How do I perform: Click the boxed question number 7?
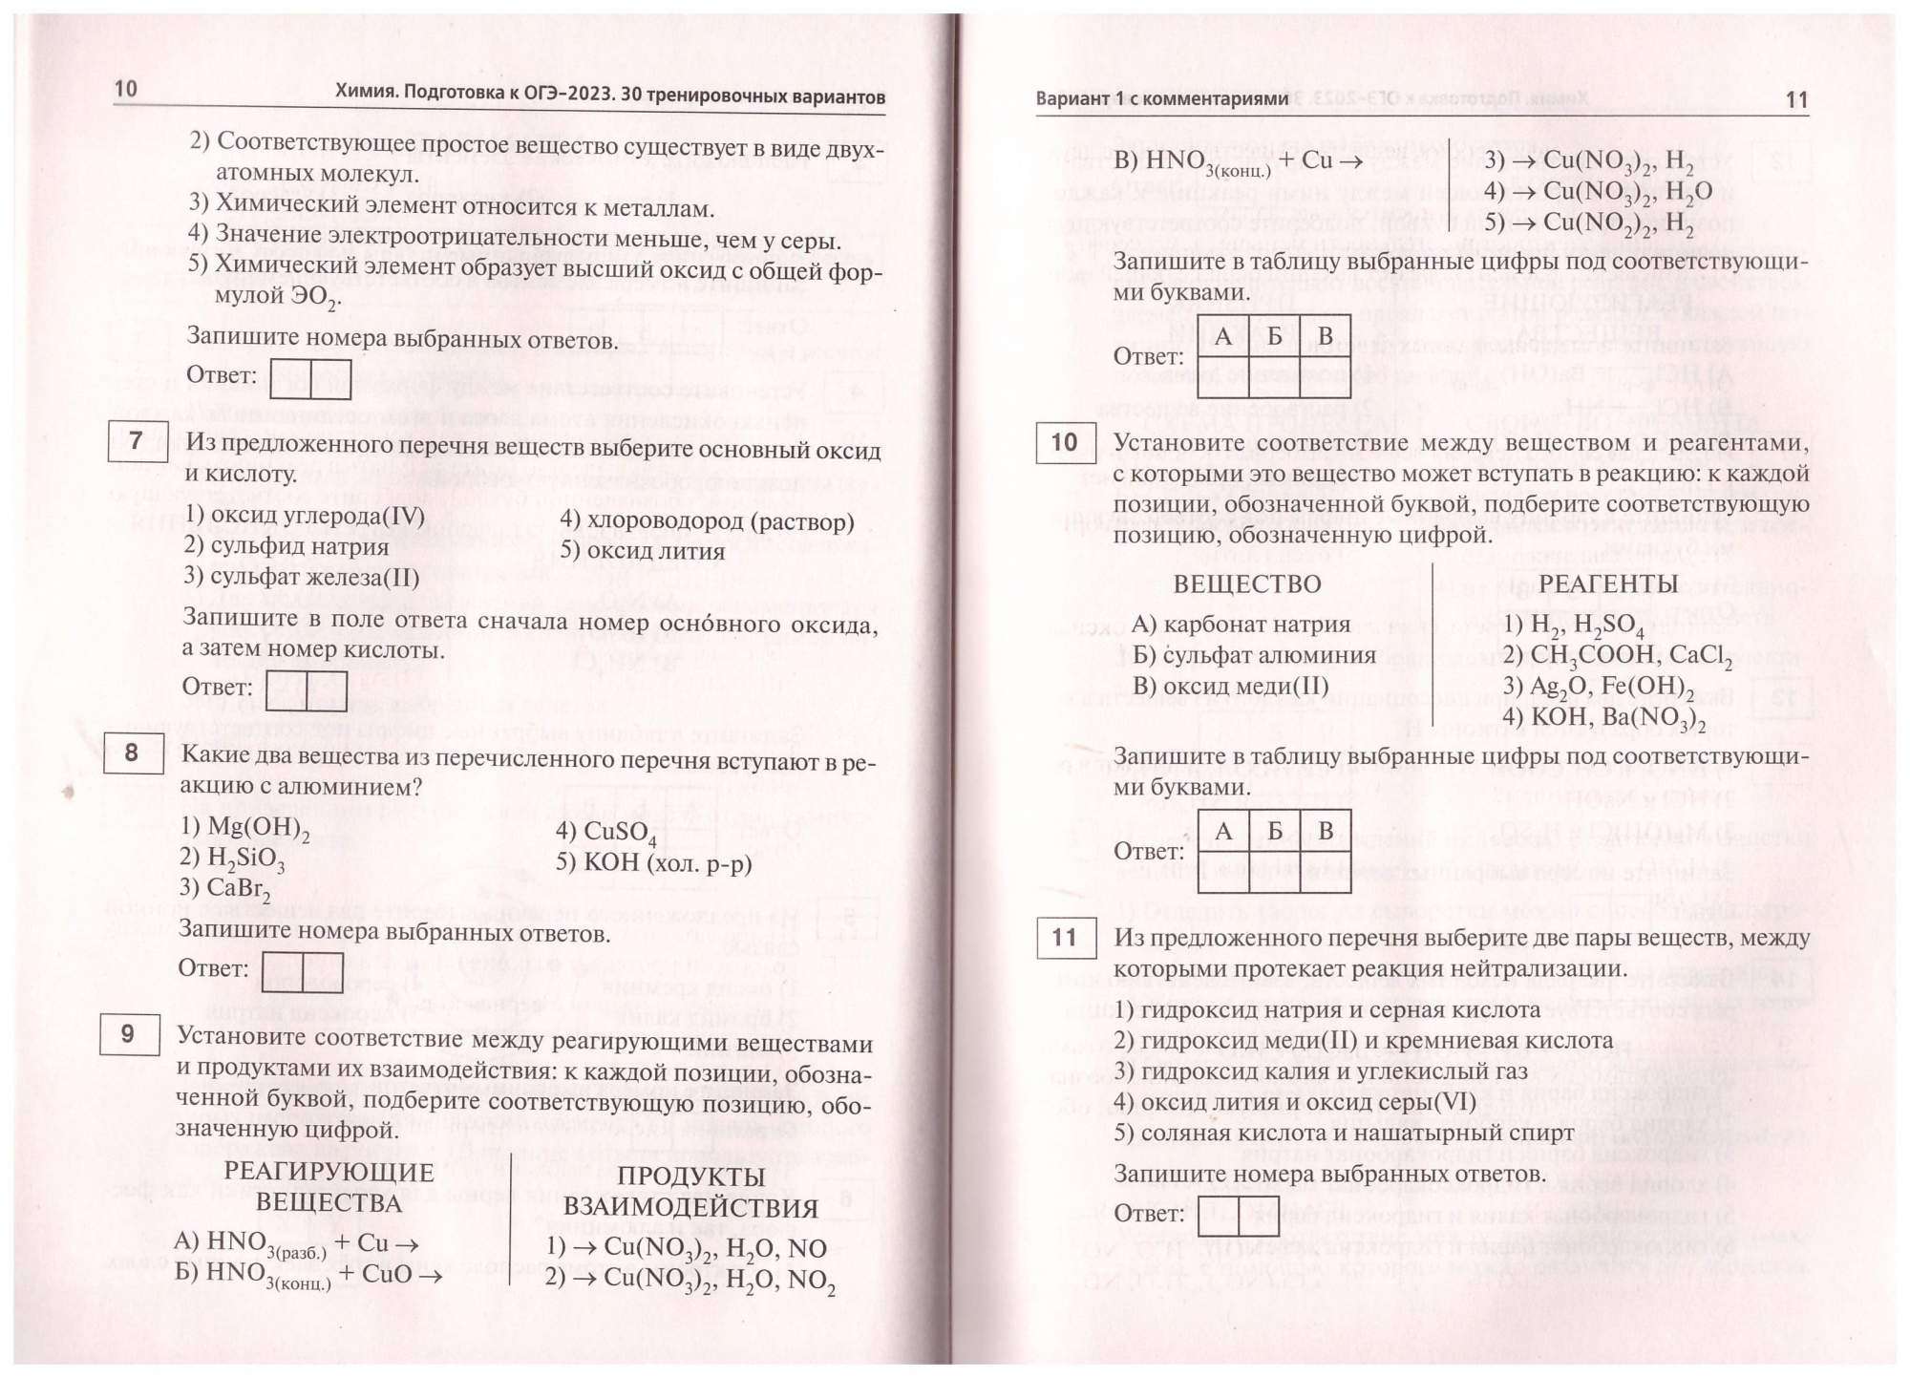(137, 441)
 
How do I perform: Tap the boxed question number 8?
(132, 753)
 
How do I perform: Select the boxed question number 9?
(129, 1033)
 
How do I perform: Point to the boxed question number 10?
(1065, 442)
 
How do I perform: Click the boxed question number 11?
(1065, 938)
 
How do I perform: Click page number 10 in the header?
(126, 89)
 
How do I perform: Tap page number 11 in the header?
(1795, 100)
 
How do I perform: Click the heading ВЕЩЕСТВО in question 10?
(1246, 583)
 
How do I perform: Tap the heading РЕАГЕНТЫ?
(1608, 583)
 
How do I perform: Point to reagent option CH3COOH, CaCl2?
(1617, 656)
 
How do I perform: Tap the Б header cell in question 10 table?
(1274, 831)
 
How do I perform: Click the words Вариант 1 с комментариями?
(1161, 99)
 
